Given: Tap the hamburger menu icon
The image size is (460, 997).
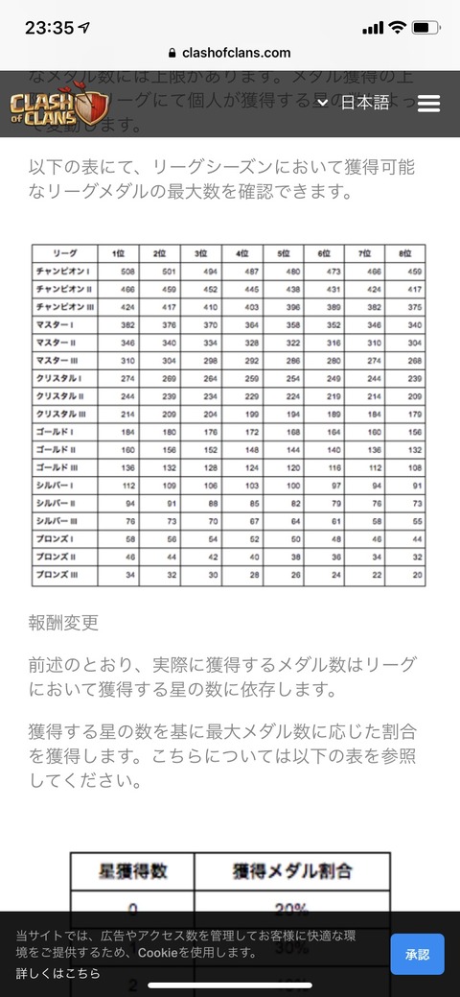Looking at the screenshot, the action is tap(428, 103).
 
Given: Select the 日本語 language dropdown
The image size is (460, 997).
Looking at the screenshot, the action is tap(355, 103).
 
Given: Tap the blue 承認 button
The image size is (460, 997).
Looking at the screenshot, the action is tap(417, 954).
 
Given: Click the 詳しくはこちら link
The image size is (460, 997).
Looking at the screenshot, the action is tap(57, 973).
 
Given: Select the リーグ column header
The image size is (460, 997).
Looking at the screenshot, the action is tap(63, 252).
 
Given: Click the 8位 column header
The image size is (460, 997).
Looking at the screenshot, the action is tap(405, 252).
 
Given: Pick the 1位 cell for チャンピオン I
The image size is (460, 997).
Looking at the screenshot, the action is tap(119, 273).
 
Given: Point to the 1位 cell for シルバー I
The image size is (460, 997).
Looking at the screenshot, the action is tap(119, 486).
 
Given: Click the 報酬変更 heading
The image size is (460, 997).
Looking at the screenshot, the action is tap(63, 623).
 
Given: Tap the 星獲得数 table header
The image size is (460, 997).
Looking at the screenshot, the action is tap(132, 871).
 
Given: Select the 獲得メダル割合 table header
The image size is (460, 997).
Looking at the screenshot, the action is tap(291, 871).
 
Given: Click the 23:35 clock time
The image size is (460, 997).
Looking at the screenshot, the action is tap(50, 28).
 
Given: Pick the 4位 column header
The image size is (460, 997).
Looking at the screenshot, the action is tap(242, 252).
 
